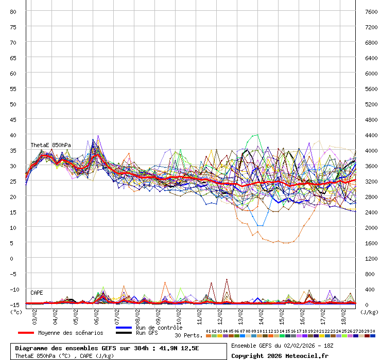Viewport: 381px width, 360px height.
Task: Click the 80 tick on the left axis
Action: tap(13, 11)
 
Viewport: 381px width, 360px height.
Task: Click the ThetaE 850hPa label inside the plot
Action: tap(50, 146)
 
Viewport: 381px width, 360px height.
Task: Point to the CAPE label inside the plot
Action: tap(37, 293)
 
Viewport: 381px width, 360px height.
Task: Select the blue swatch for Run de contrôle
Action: tap(124, 328)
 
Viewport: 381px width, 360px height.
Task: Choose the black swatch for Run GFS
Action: tap(124, 333)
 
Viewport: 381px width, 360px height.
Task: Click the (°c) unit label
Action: tap(16, 312)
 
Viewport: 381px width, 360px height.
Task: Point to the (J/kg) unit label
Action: tap(369, 312)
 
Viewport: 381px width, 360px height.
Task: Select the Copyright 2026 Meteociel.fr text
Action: tap(280, 355)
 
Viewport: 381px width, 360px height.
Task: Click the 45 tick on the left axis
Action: tap(13, 119)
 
